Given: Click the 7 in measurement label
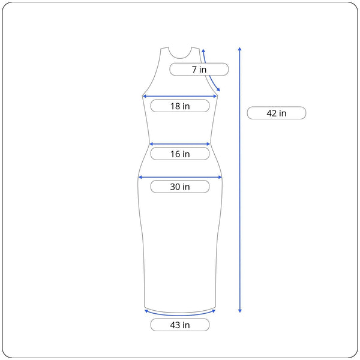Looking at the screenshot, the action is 199,70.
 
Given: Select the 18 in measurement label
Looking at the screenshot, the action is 180,106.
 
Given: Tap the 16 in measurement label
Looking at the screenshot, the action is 180,154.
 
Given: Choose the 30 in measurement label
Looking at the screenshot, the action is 180,187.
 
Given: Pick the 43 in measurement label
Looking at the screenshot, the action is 180,325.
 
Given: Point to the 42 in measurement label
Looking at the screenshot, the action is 277,113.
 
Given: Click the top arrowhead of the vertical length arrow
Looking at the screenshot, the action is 239,49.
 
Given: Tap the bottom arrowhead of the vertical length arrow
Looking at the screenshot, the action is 239,311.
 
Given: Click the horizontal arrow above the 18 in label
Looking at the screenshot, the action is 180,97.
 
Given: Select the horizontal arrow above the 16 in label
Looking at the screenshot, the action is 180,144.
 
